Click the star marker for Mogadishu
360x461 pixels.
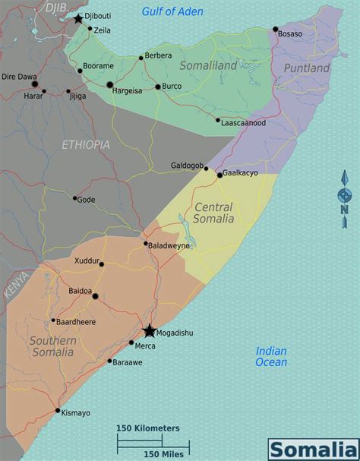[149, 331]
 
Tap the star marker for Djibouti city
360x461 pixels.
[78, 17]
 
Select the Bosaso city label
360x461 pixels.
[289, 34]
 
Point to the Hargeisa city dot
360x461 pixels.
[109, 85]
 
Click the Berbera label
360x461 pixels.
[158, 55]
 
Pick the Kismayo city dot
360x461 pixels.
[58, 411]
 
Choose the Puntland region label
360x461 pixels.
[306, 68]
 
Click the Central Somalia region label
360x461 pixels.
[213, 213]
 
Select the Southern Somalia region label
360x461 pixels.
[52, 346]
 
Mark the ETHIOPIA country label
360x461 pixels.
[86, 144]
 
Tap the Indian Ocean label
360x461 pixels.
[271, 356]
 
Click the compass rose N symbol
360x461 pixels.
[344, 210]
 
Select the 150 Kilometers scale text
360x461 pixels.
[147, 428]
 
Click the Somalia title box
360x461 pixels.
[311, 449]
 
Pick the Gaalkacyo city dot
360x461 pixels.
[219, 175]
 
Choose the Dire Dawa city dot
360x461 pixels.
[34, 84]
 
